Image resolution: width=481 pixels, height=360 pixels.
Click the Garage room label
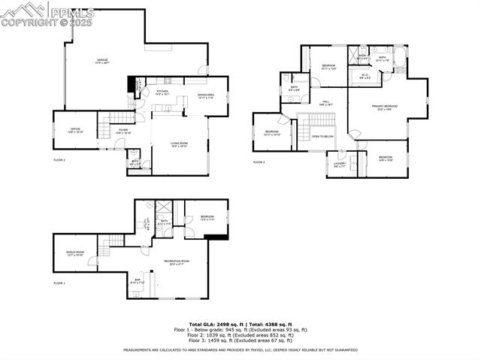[102, 61]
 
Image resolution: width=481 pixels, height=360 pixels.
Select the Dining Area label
[206, 95]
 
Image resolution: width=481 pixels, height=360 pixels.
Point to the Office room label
[76, 131]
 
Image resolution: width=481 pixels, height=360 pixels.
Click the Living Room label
[179, 145]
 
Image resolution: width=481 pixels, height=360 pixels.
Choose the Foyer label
[123, 131]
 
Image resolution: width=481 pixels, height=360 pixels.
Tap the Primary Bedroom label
[384, 107]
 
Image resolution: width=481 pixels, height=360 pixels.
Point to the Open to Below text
[322, 136]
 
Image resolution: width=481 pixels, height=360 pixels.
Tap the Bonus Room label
[75, 253]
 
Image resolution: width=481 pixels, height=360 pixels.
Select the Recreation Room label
[177, 262]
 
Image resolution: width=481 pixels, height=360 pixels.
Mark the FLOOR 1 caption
[59, 283]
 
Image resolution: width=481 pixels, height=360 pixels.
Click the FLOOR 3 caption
[259, 162]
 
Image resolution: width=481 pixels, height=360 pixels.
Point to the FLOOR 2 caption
[59, 160]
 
